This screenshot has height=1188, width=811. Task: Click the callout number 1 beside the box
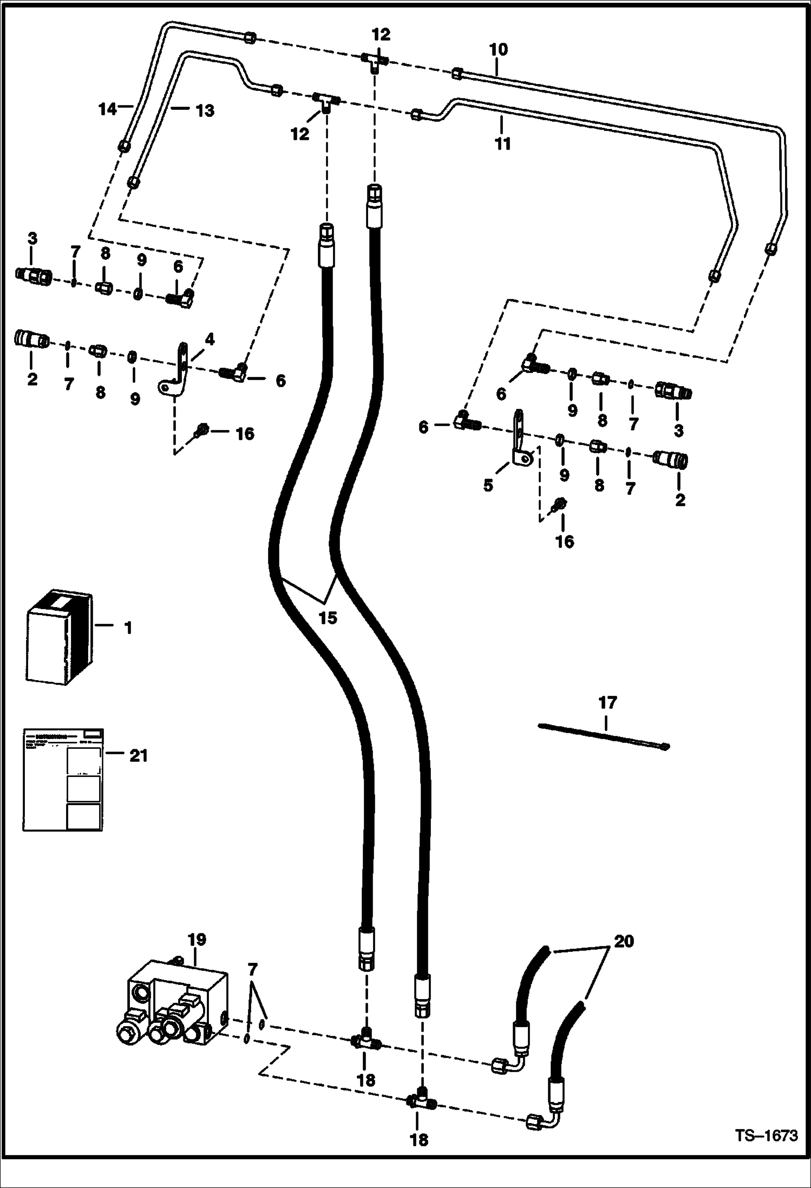pos(128,628)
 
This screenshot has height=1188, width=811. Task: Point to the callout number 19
pos(197,939)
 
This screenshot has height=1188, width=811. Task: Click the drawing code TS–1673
pos(766,1135)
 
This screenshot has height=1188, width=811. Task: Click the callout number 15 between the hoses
pos(328,618)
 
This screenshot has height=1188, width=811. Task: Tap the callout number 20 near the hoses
pos(624,941)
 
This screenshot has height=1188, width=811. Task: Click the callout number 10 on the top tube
pos(499,50)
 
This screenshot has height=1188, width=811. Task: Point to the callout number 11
pos(502,144)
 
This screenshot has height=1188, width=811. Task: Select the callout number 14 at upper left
pos(107,109)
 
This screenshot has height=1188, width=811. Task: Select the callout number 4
pos(210,340)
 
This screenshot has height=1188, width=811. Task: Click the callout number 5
pos(488,485)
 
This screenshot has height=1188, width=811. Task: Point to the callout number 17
pos(607,703)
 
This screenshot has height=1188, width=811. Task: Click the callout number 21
pos(139,755)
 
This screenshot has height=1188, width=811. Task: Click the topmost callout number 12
pos(381,35)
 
